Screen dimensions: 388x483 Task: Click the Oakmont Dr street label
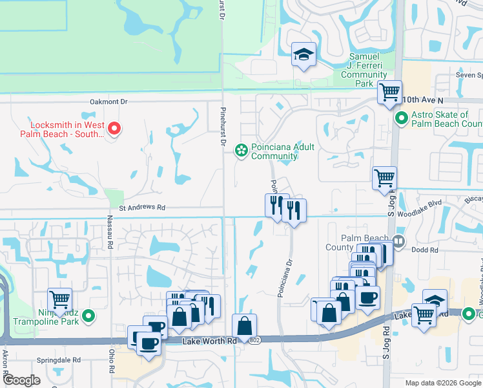[x=109, y=102]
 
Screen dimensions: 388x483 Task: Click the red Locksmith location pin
[x=114, y=129]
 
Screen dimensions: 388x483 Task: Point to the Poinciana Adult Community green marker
[x=241, y=151]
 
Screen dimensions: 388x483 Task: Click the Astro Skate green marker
[x=401, y=119]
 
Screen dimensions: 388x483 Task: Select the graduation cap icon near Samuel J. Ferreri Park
[x=303, y=56]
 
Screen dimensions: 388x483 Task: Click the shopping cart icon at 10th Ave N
[x=389, y=93]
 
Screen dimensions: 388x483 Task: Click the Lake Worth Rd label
[x=206, y=341]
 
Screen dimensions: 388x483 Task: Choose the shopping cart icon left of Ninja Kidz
[x=59, y=299]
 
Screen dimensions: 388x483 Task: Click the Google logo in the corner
[x=21, y=380]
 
